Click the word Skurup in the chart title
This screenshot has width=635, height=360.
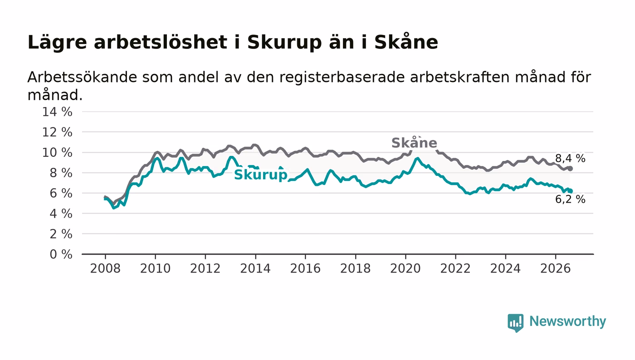tap(284, 43)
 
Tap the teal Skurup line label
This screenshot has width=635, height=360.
tap(260, 175)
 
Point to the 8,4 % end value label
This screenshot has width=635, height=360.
tap(570, 158)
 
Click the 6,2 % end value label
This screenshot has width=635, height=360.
tap(570, 199)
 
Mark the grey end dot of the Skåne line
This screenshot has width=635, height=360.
tap(570, 169)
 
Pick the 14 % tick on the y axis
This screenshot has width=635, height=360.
tap(57, 112)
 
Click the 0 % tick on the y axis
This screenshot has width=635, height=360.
tap(61, 254)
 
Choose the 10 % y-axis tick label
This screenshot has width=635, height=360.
tap(57, 152)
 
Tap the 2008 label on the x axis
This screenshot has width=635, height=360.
tap(105, 268)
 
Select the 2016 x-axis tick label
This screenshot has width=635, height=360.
tap(305, 268)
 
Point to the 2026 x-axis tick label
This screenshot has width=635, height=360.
tap(555, 268)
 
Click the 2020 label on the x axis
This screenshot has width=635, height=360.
tap(405, 268)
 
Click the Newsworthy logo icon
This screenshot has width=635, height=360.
tap(515, 322)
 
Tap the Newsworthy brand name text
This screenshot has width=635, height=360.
tap(567, 321)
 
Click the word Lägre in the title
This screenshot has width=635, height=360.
tap(57, 43)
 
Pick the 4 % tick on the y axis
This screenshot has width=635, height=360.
tap(61, 214)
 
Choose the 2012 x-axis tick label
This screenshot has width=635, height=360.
tap(205, 268)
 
